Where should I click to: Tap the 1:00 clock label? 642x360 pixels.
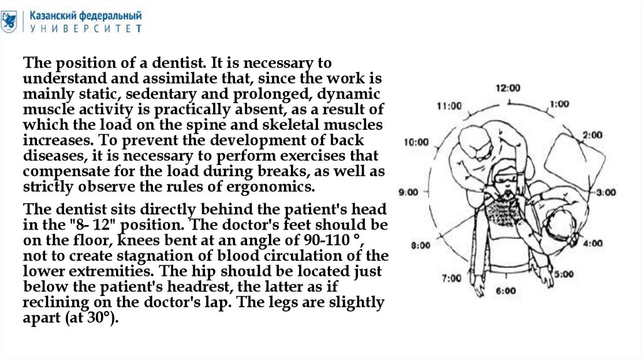559,104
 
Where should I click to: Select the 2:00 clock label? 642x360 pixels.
591,134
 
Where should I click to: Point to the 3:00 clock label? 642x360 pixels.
606,193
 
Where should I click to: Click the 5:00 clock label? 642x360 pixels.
563,273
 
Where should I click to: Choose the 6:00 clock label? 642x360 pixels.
505,291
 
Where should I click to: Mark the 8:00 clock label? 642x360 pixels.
420,246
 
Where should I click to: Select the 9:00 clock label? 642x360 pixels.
408,192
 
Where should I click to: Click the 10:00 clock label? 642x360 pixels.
416,142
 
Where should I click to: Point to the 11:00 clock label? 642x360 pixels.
448,106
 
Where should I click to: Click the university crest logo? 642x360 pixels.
9,21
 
